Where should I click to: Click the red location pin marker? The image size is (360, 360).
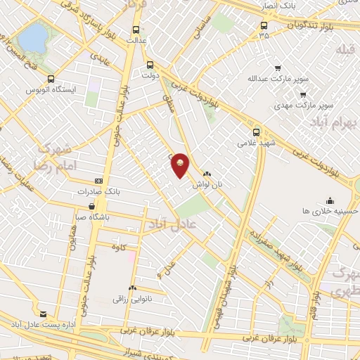click(181, 165)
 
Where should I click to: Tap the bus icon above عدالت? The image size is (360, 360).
click(135, 30)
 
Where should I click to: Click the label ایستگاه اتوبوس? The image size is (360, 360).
click(46, 90)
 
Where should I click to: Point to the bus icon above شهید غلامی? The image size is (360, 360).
click(255, 131)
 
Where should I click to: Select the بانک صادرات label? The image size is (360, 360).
click(99, 191)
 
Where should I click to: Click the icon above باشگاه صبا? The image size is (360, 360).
click(92, 206)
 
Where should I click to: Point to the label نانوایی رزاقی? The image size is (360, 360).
click(131, 299)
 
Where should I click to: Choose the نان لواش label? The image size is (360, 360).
click(207, 183)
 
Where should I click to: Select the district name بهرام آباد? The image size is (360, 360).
click(328, 124)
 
